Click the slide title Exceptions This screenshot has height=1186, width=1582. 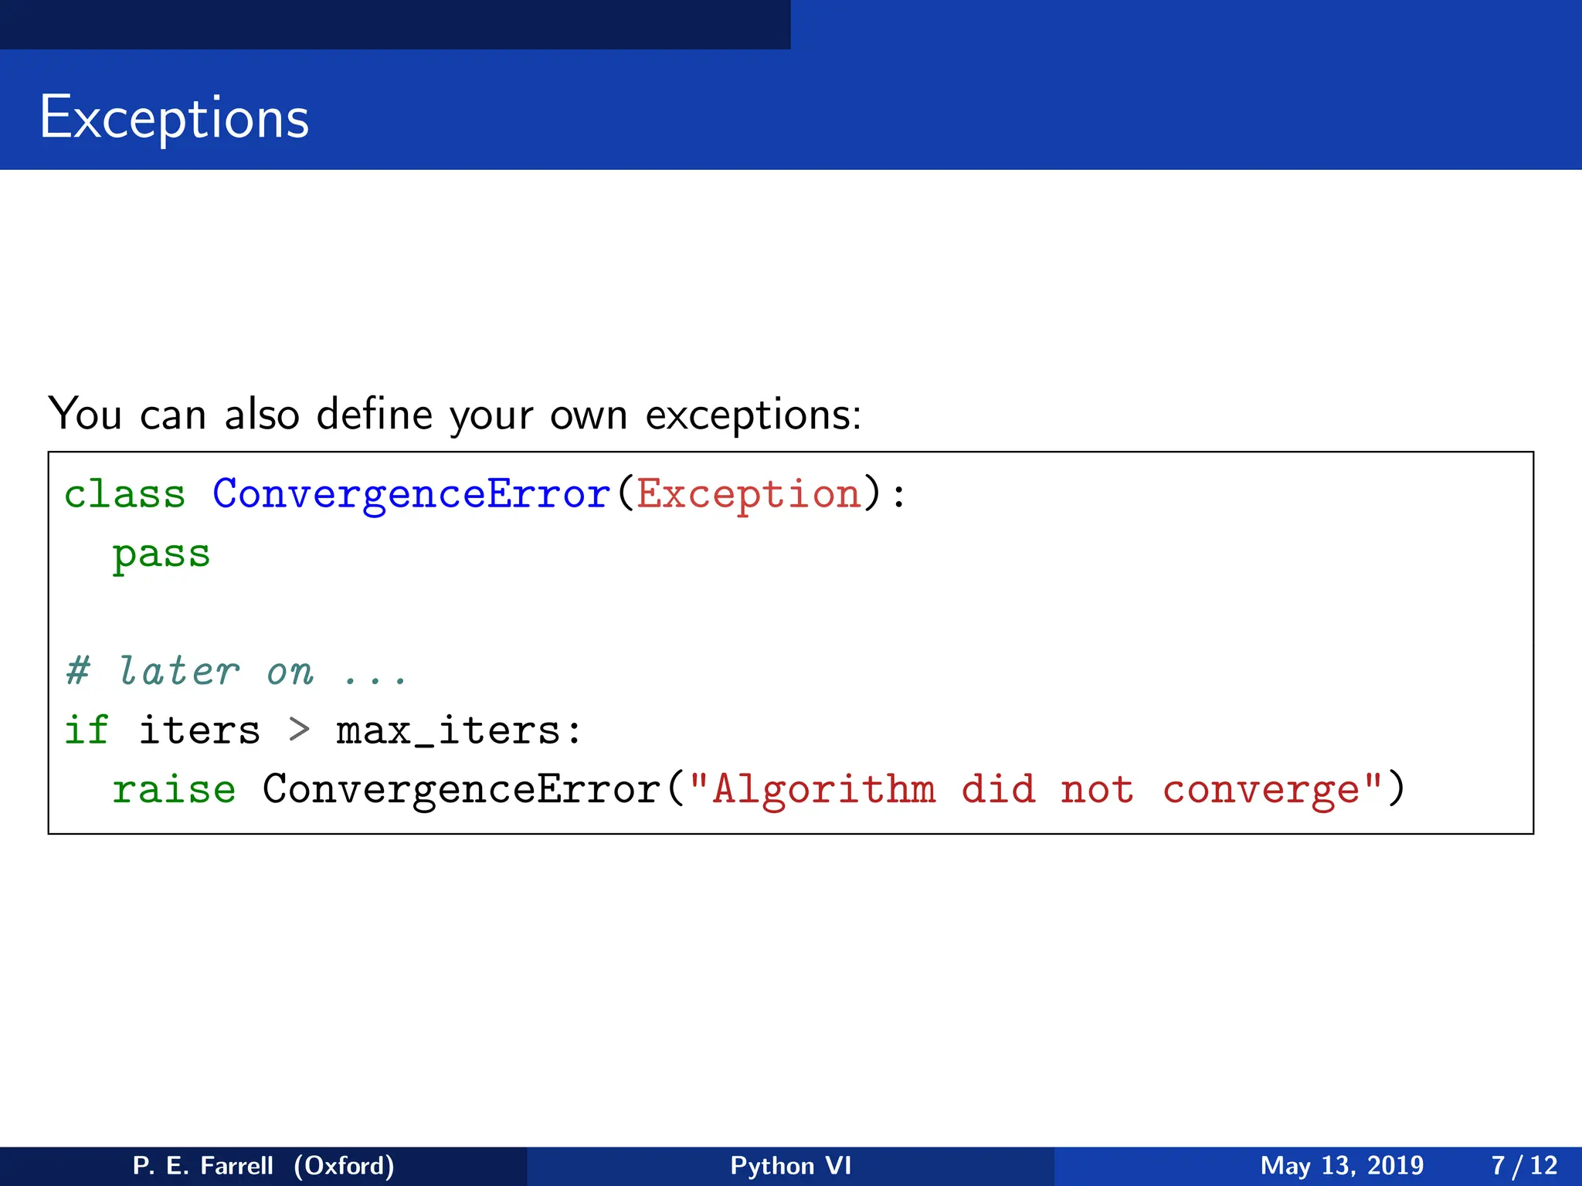[x=175, y=117]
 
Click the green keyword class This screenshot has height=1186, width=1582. [x=125, y=494]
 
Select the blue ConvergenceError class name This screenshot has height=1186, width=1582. [x=411, y=494]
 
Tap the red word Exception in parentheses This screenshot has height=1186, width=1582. [x=749, y=494]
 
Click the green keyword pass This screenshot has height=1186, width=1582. [x=161, y=554]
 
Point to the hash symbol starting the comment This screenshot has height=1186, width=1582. [x=78, y=671]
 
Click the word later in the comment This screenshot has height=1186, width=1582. [x=178, y=671]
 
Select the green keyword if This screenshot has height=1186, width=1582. [x=87, y=730]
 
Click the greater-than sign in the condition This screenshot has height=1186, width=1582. [x=299, y=730]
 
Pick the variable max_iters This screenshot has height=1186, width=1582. [x=448, y=730]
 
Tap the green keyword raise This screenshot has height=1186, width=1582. [x=174, y=790]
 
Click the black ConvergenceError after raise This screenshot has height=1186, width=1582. [x=461, y=790]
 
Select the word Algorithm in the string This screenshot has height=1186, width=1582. [x=823, y=790]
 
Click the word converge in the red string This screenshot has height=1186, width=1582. [x=1261, y=790]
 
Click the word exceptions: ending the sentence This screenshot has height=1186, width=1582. [x=753, y=416]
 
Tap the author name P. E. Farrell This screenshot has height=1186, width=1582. [x=203, y=1165]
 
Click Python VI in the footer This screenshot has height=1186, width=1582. [x=790, y=1165]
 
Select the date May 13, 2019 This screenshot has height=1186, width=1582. [x=1342, y=1165]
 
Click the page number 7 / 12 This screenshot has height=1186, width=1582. [x=1524, y=1165]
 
